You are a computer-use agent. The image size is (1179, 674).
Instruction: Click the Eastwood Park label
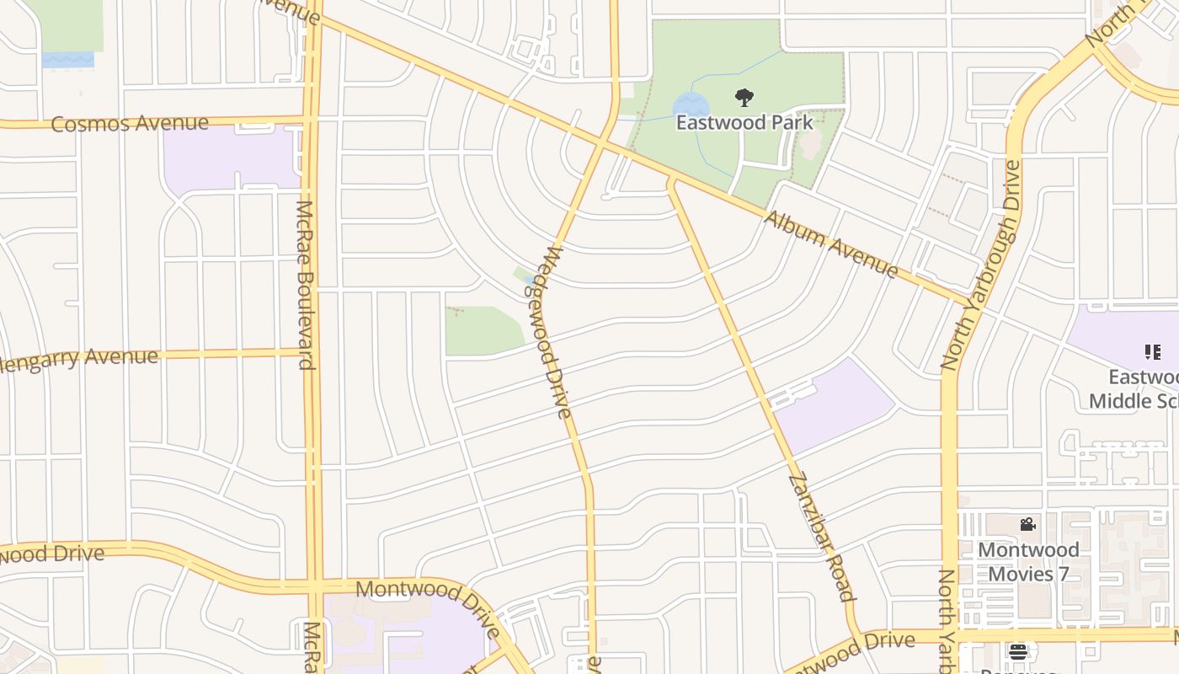coord(744,122)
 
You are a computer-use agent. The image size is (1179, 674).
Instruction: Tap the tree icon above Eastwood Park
coord(744,99)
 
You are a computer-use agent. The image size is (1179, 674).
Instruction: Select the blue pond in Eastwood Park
coord(691,106)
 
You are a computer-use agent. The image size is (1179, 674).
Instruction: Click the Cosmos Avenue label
coord(130,124)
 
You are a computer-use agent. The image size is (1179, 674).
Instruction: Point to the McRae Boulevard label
coord(305,285)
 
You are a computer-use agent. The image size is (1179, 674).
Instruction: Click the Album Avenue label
coord(831,244)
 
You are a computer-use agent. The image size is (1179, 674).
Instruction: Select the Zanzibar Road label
coord(822,538)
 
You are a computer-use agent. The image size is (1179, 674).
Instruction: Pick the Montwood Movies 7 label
coord(1028,562)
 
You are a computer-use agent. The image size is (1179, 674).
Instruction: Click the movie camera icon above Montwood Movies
coord(1027,525)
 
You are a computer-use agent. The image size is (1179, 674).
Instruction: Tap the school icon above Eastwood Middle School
coord(1152,351)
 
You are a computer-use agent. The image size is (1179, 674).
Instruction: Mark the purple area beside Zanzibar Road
coord(834,409)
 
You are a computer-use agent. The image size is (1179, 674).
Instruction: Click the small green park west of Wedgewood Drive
coord(482,330)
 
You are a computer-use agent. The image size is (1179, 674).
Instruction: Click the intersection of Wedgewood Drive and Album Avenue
coord(601,142)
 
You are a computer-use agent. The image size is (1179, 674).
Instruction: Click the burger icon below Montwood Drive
coord(1018,651)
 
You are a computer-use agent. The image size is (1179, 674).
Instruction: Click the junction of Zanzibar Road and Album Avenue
coord(672,179)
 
